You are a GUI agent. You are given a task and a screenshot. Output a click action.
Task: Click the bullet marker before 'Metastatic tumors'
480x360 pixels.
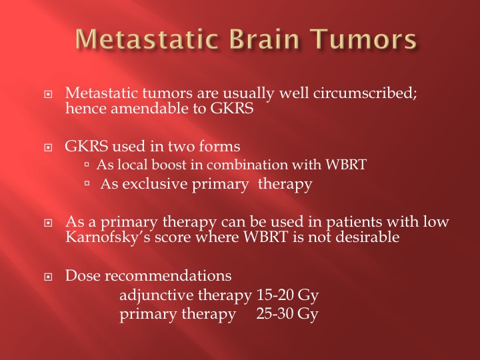coord(48,94)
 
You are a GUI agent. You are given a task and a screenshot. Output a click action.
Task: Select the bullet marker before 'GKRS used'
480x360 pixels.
coord(48,147)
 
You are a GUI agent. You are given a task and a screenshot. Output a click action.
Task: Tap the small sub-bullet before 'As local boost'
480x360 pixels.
coord(87,165)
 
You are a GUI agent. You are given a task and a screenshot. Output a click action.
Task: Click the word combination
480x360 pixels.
coord(247,165)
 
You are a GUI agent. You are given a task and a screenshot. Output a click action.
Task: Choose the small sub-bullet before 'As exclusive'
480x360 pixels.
coord(87,183)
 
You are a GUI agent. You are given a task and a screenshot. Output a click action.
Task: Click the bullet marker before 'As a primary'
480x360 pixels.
coord(48,223)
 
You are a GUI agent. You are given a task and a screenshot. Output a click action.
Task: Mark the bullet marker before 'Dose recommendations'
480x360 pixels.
coord(48,277)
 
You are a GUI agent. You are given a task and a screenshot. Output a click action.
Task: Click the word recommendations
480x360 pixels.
coord(168,275)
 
